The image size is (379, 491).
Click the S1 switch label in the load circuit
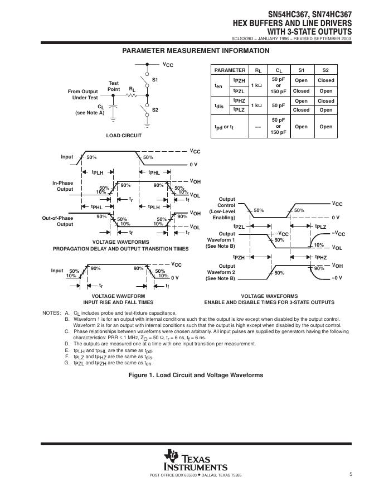156,80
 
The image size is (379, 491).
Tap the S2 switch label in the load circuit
156,110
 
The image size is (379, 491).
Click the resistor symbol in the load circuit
132,95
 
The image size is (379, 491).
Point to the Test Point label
114,86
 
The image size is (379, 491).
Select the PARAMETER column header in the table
230,70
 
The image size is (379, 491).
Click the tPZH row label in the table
239,81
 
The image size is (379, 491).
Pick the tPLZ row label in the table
239,110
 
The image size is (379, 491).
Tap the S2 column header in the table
325,70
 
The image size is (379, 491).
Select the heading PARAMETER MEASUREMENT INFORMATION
196,51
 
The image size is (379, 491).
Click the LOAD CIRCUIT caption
124,136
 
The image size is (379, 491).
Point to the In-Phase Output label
62,186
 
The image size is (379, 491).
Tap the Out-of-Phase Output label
58,221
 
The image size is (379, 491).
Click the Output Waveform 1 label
220,240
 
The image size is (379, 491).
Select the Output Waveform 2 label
220,272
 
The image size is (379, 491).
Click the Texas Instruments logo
195,460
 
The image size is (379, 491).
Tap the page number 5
351,474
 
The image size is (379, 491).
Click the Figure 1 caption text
196,375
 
